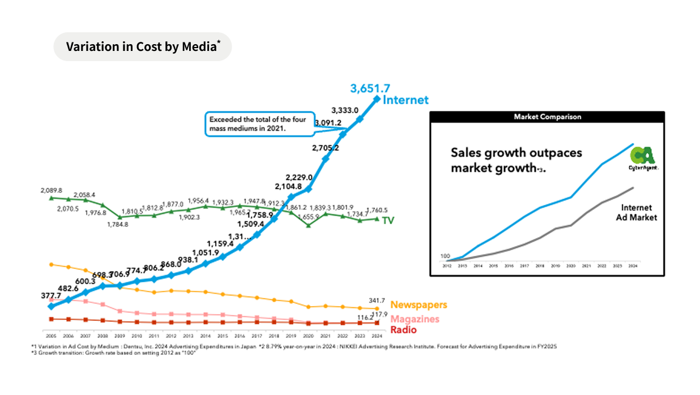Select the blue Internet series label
tap(406, 100)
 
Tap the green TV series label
tap(388, 220)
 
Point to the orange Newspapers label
tap(419, 305)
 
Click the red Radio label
tap(403, 330)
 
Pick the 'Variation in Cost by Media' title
tap(142, 46)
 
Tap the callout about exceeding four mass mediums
tap(259, 124)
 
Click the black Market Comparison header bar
tap(547, 117)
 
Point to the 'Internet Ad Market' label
tap(636, 212)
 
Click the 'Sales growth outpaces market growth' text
tap(516, 160)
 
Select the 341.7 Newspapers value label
tap(377, 300)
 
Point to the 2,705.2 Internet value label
tap(325, 148)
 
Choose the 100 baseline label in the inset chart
tap(445, 256)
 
